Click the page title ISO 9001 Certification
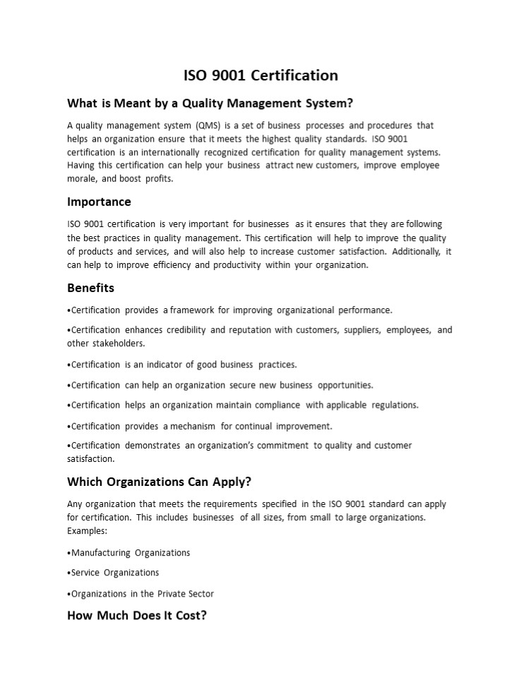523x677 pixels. [261, 75]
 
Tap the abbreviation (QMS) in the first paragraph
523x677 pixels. [203, 126]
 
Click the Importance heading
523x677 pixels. [99, 202]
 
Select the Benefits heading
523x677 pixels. [90, 288]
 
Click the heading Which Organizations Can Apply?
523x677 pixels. [159, 482]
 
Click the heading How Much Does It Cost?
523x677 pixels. [137, 615]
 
